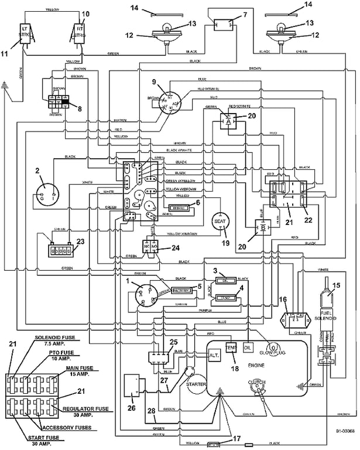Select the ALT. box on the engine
[x=213, y=355]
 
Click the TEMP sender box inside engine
[x=231, y=347]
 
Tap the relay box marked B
[x=262, y=227]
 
